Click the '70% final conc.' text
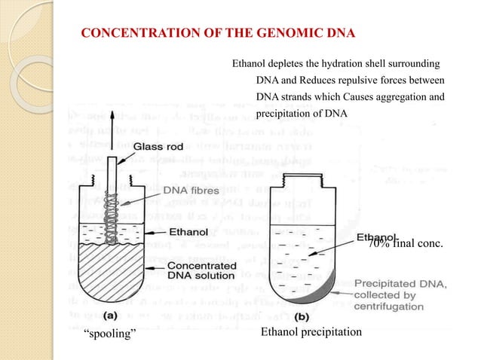[404, 243]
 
